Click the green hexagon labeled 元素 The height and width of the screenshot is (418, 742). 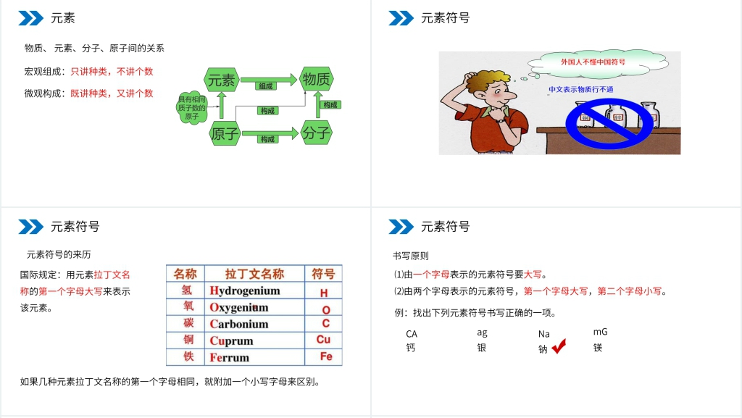(222, 80)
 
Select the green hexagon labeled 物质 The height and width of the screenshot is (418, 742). (317, 80)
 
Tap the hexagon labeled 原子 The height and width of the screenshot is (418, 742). (225, 133)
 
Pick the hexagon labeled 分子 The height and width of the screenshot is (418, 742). (317, 133)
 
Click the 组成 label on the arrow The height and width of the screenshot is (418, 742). (266, 86)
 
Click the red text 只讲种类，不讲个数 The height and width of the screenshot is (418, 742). (112, 72)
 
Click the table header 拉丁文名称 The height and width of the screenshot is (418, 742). (254, 274)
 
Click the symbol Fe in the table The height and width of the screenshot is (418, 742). (325, 356)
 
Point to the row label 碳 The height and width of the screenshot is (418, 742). (188, 323)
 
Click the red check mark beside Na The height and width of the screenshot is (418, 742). (559, 348)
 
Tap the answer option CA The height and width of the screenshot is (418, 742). (412, 334)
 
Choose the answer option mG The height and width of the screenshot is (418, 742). (600, 332)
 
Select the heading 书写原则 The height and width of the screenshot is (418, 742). (410, 256)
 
